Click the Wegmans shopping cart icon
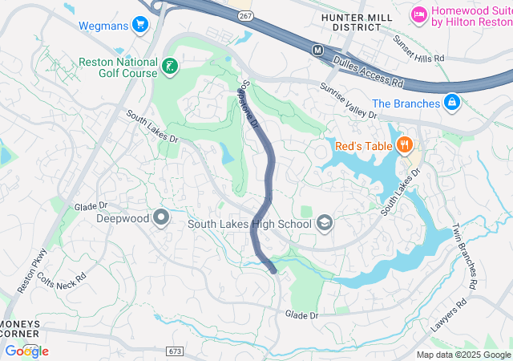tap(140, 25)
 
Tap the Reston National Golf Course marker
tap(170, 67)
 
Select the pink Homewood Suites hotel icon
tap(418, 14)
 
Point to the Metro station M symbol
tap(318, 50)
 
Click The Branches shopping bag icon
tap(452, 103)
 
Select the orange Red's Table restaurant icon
tap(405, 145)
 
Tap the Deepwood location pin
tap(162, 217)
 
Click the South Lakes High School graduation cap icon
tap(325, 223)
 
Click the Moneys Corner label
tap(19, 329)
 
